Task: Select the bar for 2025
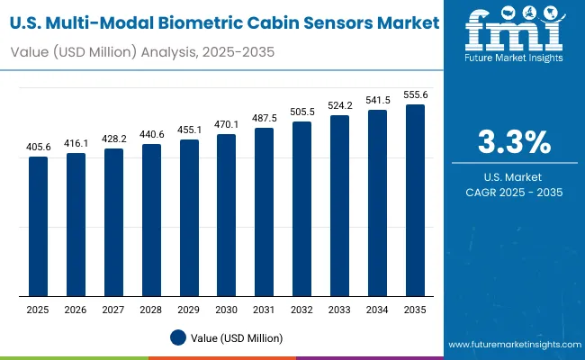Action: (x=38, y=226)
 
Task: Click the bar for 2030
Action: (x=225, y=215)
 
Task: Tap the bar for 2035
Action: (x=415, y=200)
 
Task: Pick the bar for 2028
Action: (x=152, y=220)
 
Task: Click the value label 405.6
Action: (x=38, y=148)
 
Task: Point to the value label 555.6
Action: (x=415, y=94)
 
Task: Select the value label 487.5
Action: (x=265, y=119)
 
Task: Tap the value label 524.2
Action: (x=340, y=105)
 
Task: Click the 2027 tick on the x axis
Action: (x=113, y=310)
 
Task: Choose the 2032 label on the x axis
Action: (x=302, y=310)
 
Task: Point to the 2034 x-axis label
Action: (x=378, y=310)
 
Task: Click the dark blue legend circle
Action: (x=177, y=337)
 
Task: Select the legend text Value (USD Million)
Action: (x=238, y=337)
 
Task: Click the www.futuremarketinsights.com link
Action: (x=511, y=345)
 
